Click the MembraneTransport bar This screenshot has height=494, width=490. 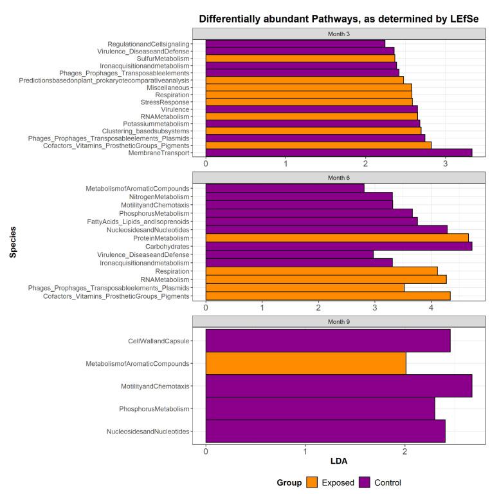click(338, 153)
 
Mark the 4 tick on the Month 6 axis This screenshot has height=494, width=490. click(431, 309)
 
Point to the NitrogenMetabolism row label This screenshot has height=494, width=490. click(158, 196)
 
